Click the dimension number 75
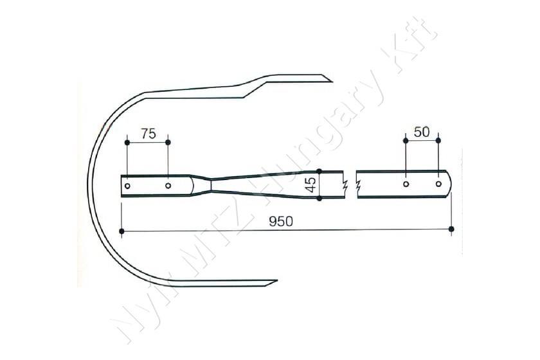(148, 134)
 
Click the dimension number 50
(422, 132)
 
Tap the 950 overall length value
(281, 222)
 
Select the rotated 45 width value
(311, 185)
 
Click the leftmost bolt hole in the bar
(127, 186)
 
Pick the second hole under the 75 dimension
(168, 186)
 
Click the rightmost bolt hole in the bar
(438, 184)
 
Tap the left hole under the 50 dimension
(406, 184)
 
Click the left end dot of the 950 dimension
(122, 231)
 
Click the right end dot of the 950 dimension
(451, 229)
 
